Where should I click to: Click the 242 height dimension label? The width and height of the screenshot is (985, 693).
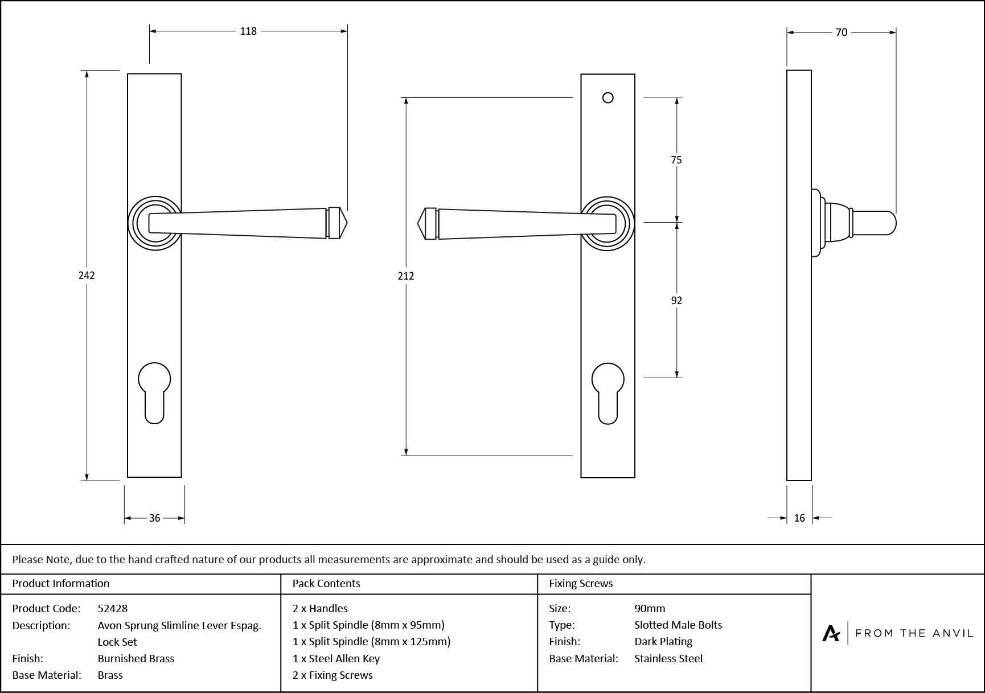tap(87, 276)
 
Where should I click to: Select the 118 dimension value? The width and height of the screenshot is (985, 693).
tap(248, 31)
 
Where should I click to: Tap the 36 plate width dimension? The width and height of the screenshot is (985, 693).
tap(154, 518)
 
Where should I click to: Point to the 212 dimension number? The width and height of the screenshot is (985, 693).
tap(406, 276)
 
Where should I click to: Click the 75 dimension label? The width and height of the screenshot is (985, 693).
tap(676, 160)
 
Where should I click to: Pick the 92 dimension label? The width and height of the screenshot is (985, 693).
tap(676, 301)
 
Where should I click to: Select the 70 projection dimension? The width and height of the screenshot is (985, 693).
tap(841, 33)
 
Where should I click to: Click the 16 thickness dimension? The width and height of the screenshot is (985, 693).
tap(799, 518)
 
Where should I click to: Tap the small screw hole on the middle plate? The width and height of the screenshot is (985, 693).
tap(608, 98)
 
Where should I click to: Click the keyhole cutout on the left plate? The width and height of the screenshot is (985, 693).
tap(154, 393)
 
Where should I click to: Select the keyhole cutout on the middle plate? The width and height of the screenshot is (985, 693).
tap(608, 393)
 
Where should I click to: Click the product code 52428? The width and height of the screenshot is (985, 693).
tap(113, 608)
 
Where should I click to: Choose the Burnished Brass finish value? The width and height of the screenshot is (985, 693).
tap(136, 658)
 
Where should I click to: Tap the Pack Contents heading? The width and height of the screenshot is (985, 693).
tap(326, 583)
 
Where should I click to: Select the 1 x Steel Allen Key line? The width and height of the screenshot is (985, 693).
tap(336, 658)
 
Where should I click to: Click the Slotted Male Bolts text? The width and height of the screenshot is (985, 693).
tap(678, 625)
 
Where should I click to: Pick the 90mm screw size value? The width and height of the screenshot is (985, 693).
tap(650, 608)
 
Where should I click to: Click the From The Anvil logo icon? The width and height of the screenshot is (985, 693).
tap(831, 633)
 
